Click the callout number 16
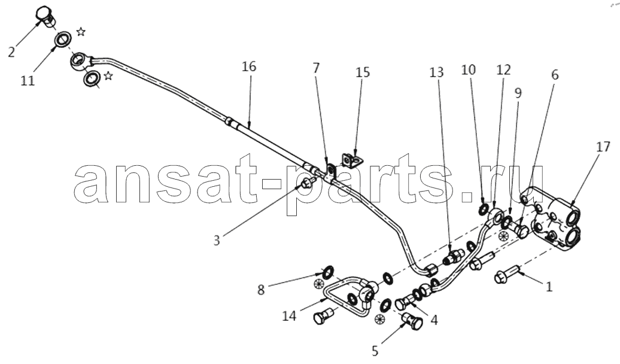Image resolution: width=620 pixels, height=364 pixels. coord(249,66)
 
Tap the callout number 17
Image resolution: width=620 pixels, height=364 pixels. coord(603,147)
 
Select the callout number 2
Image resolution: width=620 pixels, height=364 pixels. coord(11,52)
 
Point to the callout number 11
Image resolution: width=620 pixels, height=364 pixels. coord(28,81)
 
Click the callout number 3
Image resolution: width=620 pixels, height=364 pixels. coord(216,240)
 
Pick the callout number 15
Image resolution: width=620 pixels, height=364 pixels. coord(363,72)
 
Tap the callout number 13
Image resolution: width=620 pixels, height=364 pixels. coord(437,72)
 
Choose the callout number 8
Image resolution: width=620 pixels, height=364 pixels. coord(260,290)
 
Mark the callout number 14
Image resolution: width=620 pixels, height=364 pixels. coord(289,316)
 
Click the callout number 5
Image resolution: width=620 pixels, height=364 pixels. coord(375,351)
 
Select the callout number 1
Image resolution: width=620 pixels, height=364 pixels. coord(549,287)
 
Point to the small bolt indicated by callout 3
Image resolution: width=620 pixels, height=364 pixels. coord(308,183)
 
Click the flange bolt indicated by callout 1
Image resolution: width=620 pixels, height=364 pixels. coord(505,274)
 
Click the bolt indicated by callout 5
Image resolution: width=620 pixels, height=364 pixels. coord(412,320)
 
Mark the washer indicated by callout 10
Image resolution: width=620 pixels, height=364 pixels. coord(483,210)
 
